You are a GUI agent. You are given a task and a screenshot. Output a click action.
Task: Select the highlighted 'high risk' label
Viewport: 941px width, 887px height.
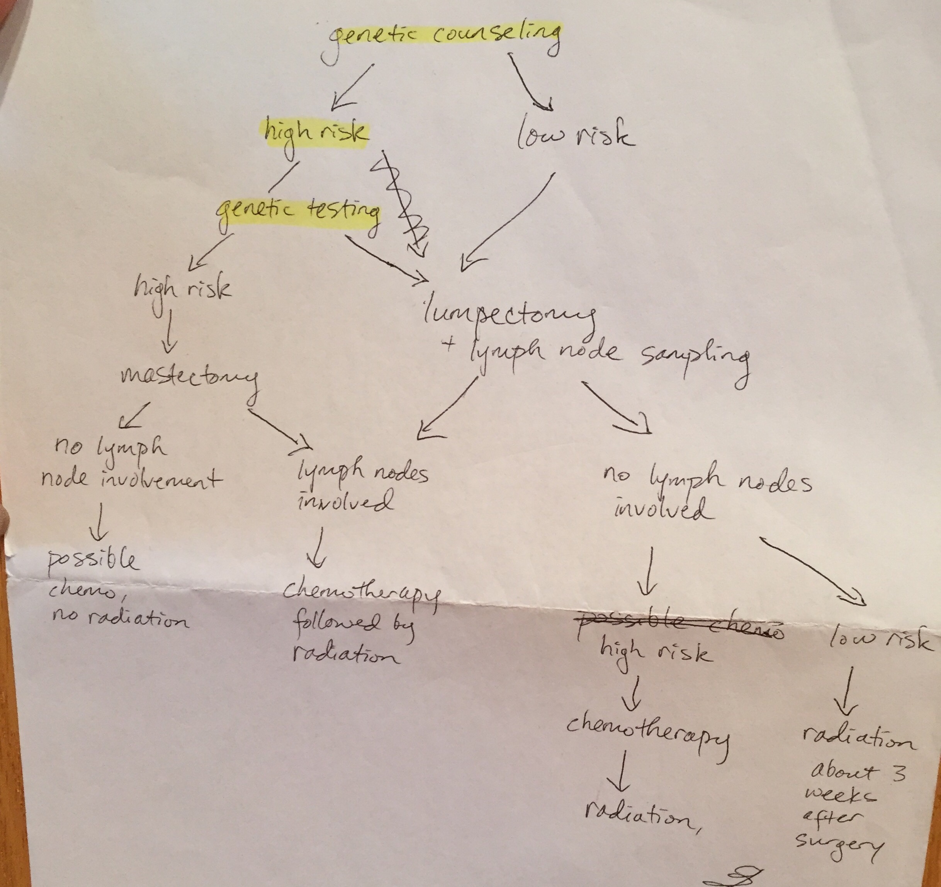tap(315, 133)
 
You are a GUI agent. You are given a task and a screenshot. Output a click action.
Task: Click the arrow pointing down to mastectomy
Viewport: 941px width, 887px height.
tap(168, 332)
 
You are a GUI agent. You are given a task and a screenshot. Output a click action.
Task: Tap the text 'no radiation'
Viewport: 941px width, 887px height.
tap(120, 618)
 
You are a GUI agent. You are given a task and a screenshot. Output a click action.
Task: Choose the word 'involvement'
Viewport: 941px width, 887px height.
tap(161, 479)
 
